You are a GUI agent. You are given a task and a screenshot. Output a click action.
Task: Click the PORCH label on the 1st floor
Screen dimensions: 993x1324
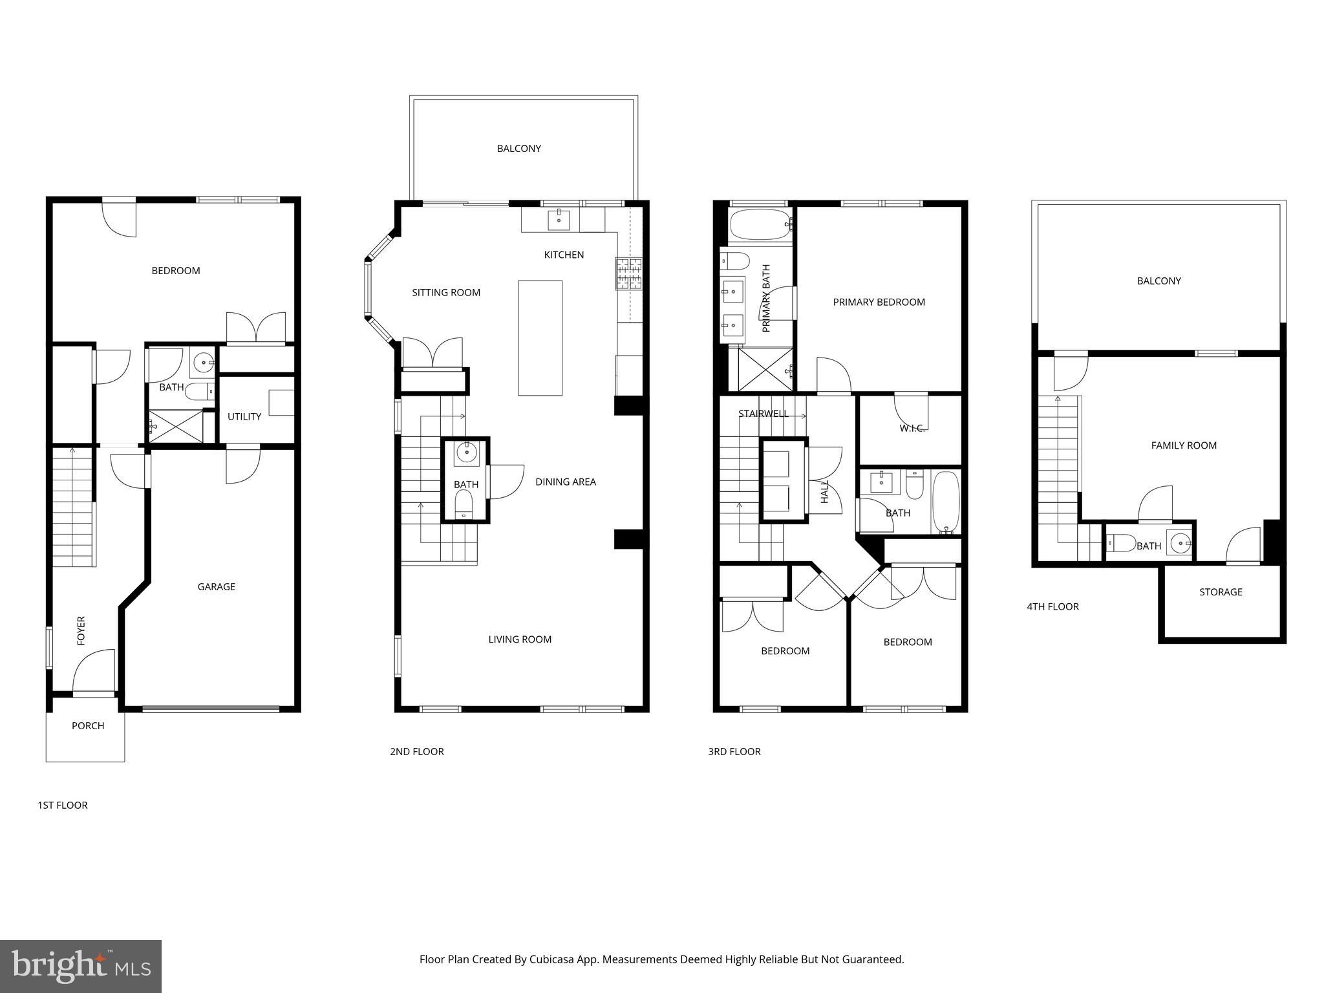tap(88, 725)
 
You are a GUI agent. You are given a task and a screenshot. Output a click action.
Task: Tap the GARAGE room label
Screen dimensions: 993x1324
tap(216, 586)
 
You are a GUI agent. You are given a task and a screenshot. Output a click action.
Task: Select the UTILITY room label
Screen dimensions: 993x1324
tap(244, 416)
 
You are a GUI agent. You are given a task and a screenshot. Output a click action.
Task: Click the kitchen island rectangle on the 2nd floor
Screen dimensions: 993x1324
tap(540, 337)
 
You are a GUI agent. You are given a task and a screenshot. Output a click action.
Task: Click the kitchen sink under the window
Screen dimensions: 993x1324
tap(559, 219)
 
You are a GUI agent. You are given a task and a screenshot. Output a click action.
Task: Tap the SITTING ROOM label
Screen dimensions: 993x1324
tap(446, 292)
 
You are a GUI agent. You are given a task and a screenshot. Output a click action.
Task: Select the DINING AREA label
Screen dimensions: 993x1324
tap(566, 482)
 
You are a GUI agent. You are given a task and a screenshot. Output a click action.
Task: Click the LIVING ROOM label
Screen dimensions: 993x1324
tap(520, 639)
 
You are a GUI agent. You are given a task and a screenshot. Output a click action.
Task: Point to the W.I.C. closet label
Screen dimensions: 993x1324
tap(912, 429)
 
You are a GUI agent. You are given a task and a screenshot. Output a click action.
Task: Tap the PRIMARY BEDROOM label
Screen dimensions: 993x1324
tap(879, 302)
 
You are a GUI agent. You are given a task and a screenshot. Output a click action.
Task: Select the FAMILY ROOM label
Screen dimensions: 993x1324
tap(1184, 445)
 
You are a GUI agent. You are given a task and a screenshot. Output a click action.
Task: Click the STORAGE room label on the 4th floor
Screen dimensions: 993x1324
tap(1221, 592)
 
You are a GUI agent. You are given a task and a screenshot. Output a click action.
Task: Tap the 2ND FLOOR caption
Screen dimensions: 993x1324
tap(417, 751)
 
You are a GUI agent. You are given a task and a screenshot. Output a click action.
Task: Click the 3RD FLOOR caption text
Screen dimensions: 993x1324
tap(734, 751)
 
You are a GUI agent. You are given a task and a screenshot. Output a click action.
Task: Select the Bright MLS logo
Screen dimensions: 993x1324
tap(81, 966)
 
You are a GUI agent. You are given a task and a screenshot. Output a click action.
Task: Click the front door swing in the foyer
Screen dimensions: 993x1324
tap(93, 672)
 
